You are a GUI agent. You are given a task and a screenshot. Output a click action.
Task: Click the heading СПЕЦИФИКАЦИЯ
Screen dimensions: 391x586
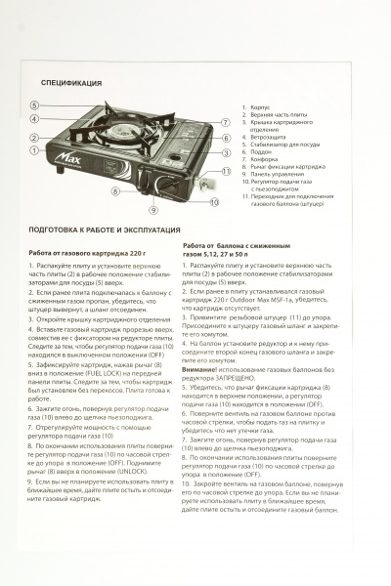pyautogui.click(x=71, y=83)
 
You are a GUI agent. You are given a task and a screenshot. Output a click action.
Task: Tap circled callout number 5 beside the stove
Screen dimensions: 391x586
pyautogui.click(x=34, y=105)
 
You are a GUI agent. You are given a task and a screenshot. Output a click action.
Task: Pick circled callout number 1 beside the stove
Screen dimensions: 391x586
pyautogui.click(x=34, y=151)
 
